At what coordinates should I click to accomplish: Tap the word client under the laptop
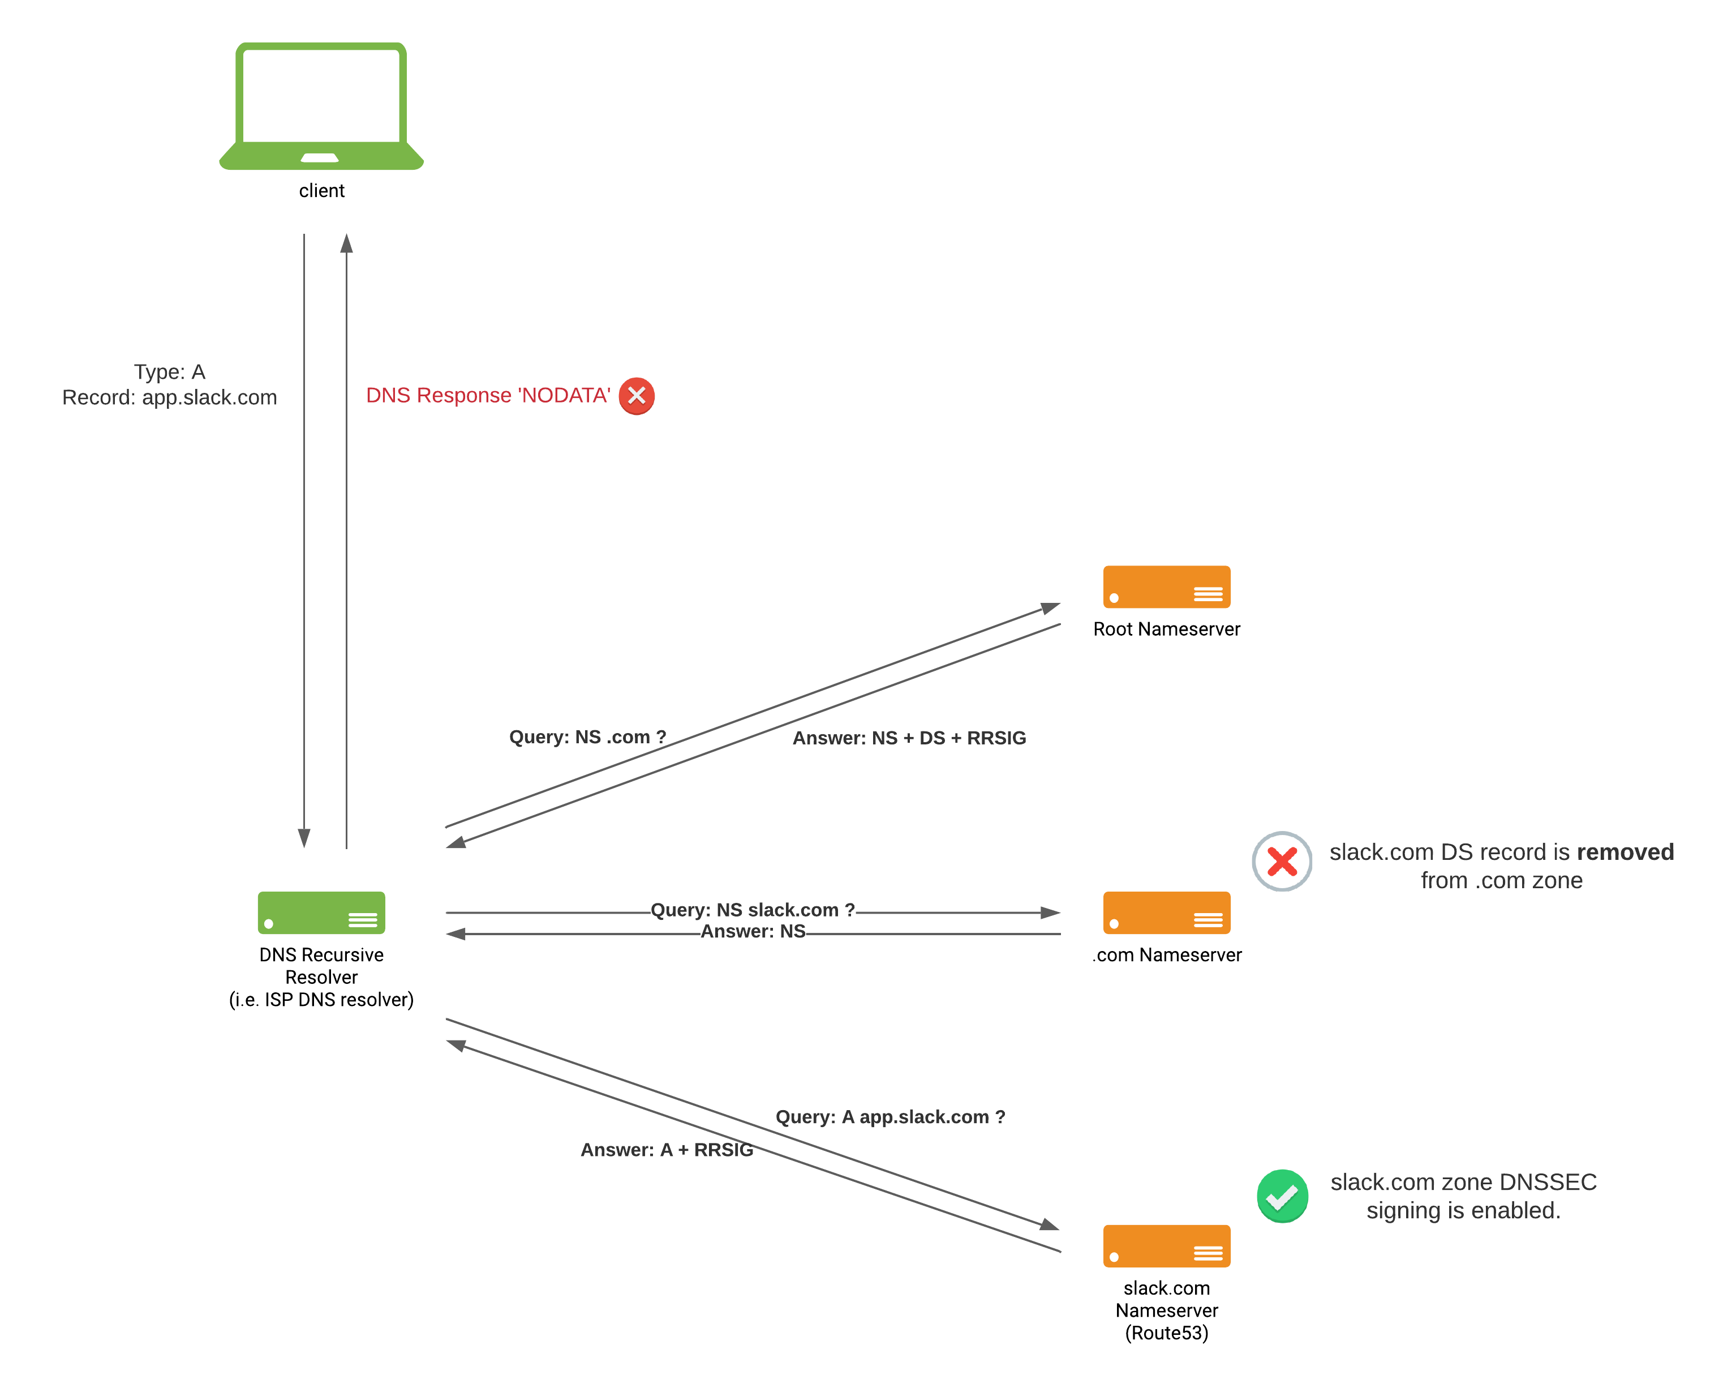(x=321, y=191)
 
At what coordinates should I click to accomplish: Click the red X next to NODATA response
(x=636, y=396)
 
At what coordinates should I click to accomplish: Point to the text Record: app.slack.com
(x=170, y=398)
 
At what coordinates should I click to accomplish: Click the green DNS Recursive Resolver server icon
(x=321, y=913)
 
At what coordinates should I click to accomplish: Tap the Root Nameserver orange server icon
(x=1167, y=586)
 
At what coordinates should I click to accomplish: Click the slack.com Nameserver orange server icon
(x=1167, y=1245)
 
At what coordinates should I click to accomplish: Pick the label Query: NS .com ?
(x=587, y=737)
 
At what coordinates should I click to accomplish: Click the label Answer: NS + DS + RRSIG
(x=909, y=738)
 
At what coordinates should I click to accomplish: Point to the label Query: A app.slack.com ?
(x=890, y=1117)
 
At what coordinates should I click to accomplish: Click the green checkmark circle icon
(x=1282, y=1196)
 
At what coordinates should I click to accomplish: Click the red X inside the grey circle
(x=1282, y=861)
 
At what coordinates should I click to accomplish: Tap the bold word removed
(x=1625, y=852)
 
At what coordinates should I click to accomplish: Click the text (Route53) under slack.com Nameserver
(x=1167, y=1333)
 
